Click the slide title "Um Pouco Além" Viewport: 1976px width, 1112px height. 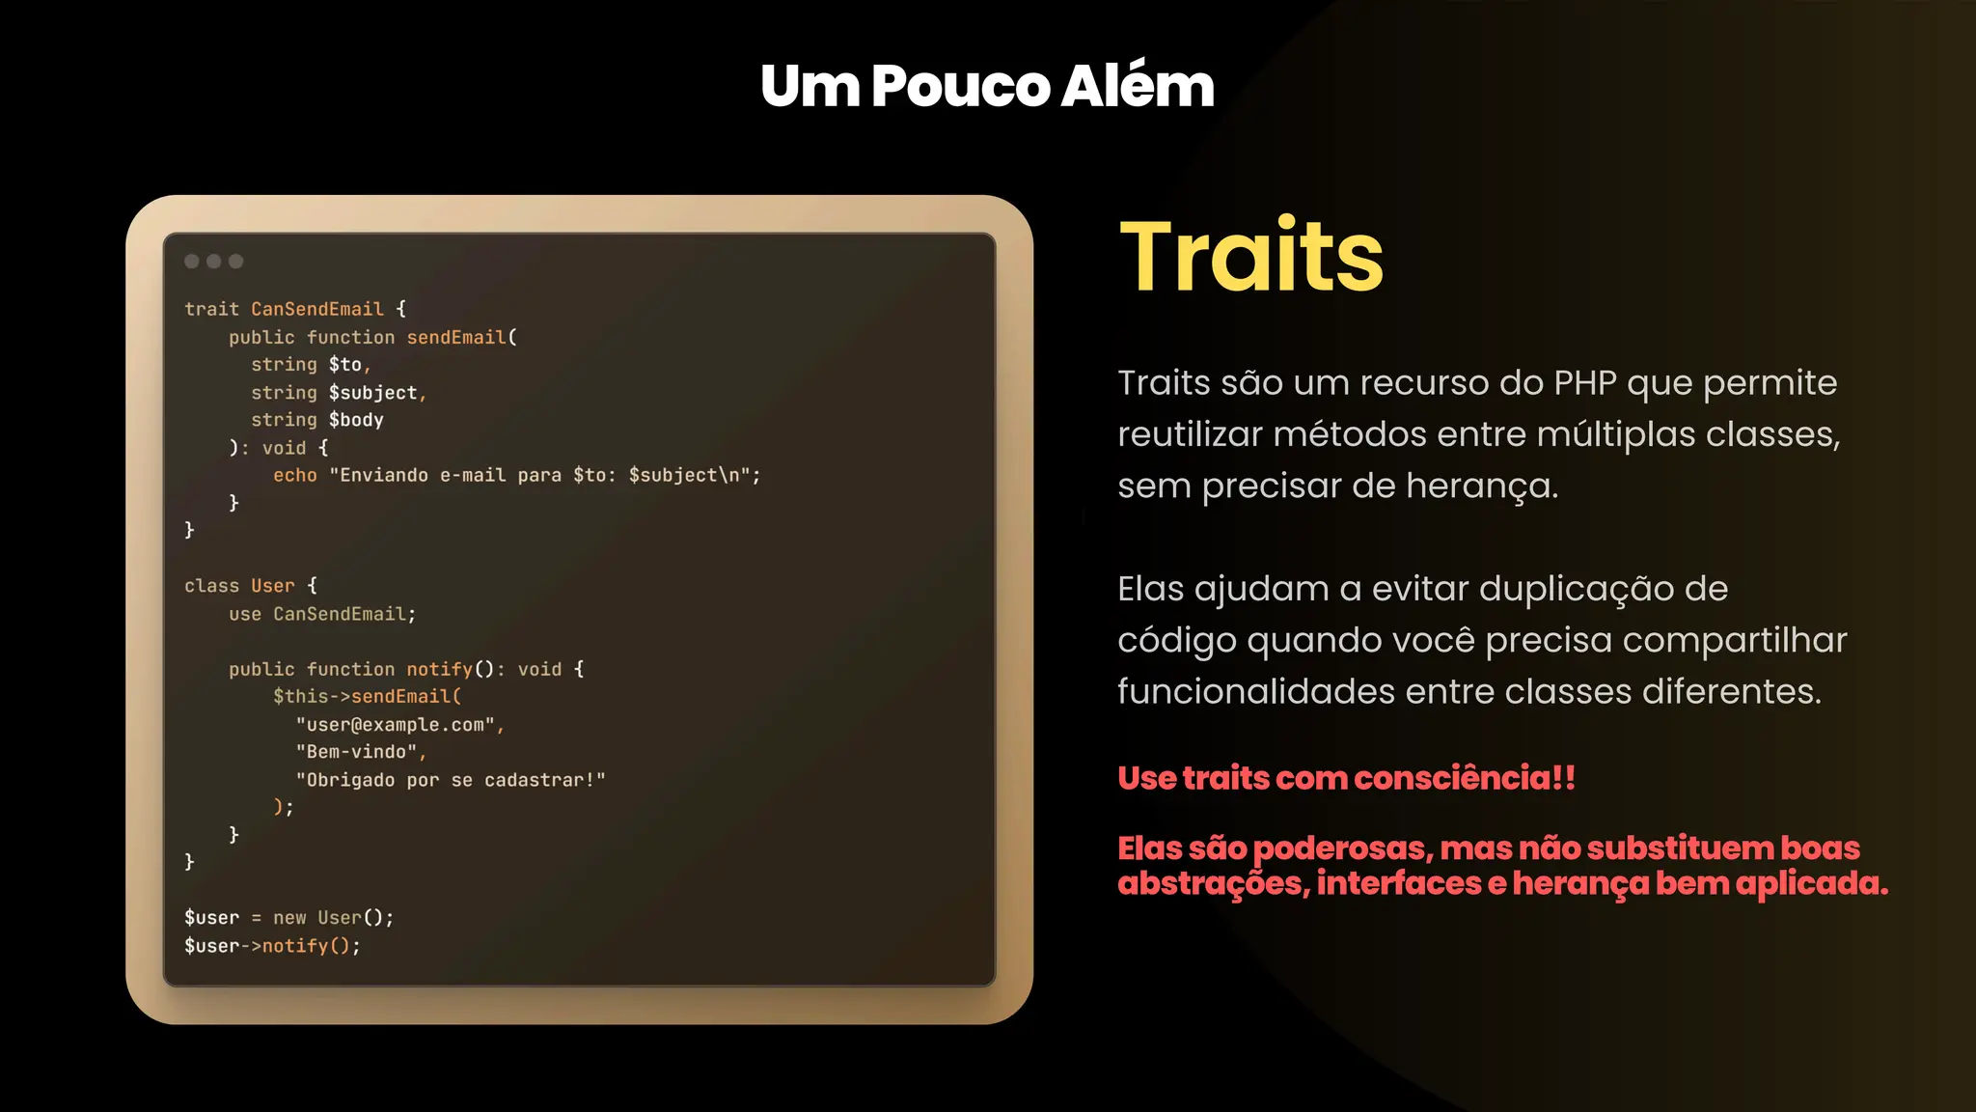coord(987,86)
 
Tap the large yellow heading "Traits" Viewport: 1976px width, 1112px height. coord(1251,256)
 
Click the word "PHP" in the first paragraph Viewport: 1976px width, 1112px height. coord(1584,383)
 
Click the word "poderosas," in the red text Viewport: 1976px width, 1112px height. coord(1342,848)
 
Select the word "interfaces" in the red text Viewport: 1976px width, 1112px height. coord(1398,883)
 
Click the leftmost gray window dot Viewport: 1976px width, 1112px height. coord(192,262)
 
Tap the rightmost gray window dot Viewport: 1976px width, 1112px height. coord(236,262)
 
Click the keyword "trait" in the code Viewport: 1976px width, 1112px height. coord(211,310)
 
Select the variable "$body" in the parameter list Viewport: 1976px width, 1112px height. coord(356,420)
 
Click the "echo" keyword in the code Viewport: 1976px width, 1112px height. coord(294,476)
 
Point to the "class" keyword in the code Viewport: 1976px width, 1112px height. coord(211,586)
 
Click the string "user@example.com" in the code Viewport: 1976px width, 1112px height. coord(395,725)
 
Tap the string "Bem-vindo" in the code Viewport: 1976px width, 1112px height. coord(356,752)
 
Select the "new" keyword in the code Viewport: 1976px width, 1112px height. coord(289,918)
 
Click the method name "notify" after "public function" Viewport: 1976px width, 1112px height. coord(439,670)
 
